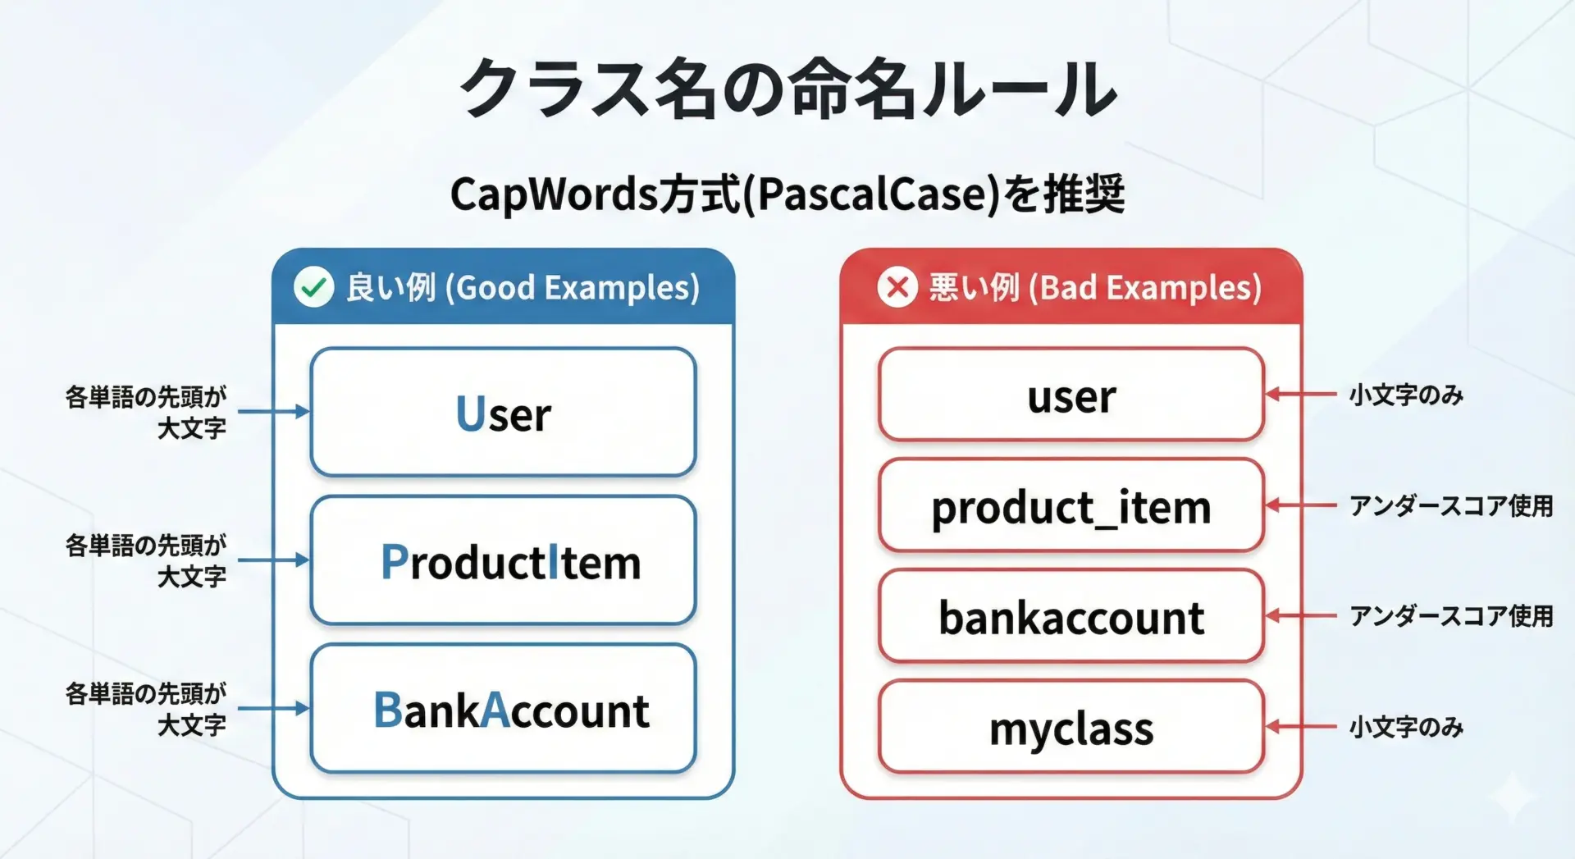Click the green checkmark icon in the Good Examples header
click(x=313, y=287)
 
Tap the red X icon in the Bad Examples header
click(x=897, y=287)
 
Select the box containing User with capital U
click(x=504, y=412)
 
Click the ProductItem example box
click(x=504, y=560)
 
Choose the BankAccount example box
click(x=504, y=709)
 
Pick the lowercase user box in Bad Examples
click(x=1071, y=395)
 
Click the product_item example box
click(x=1071, y=505)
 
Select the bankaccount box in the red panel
click(x=1071, y=616)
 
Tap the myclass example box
click(x=1071, y=727)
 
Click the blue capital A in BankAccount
click(x=495, y=710)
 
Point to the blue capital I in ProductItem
click(x=553, y=562)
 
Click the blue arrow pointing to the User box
click(x=274, y=411)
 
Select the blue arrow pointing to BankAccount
click(x=274, y=708)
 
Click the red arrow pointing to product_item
click(x=1301, y=505)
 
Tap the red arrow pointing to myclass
click(x=1301, y=726)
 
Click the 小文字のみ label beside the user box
click(x=1406, y=395)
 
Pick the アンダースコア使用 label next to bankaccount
click(x=1451, y=616)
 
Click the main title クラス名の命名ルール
click(x=787, y=89)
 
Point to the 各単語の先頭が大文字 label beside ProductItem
click(x=146, y=560)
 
